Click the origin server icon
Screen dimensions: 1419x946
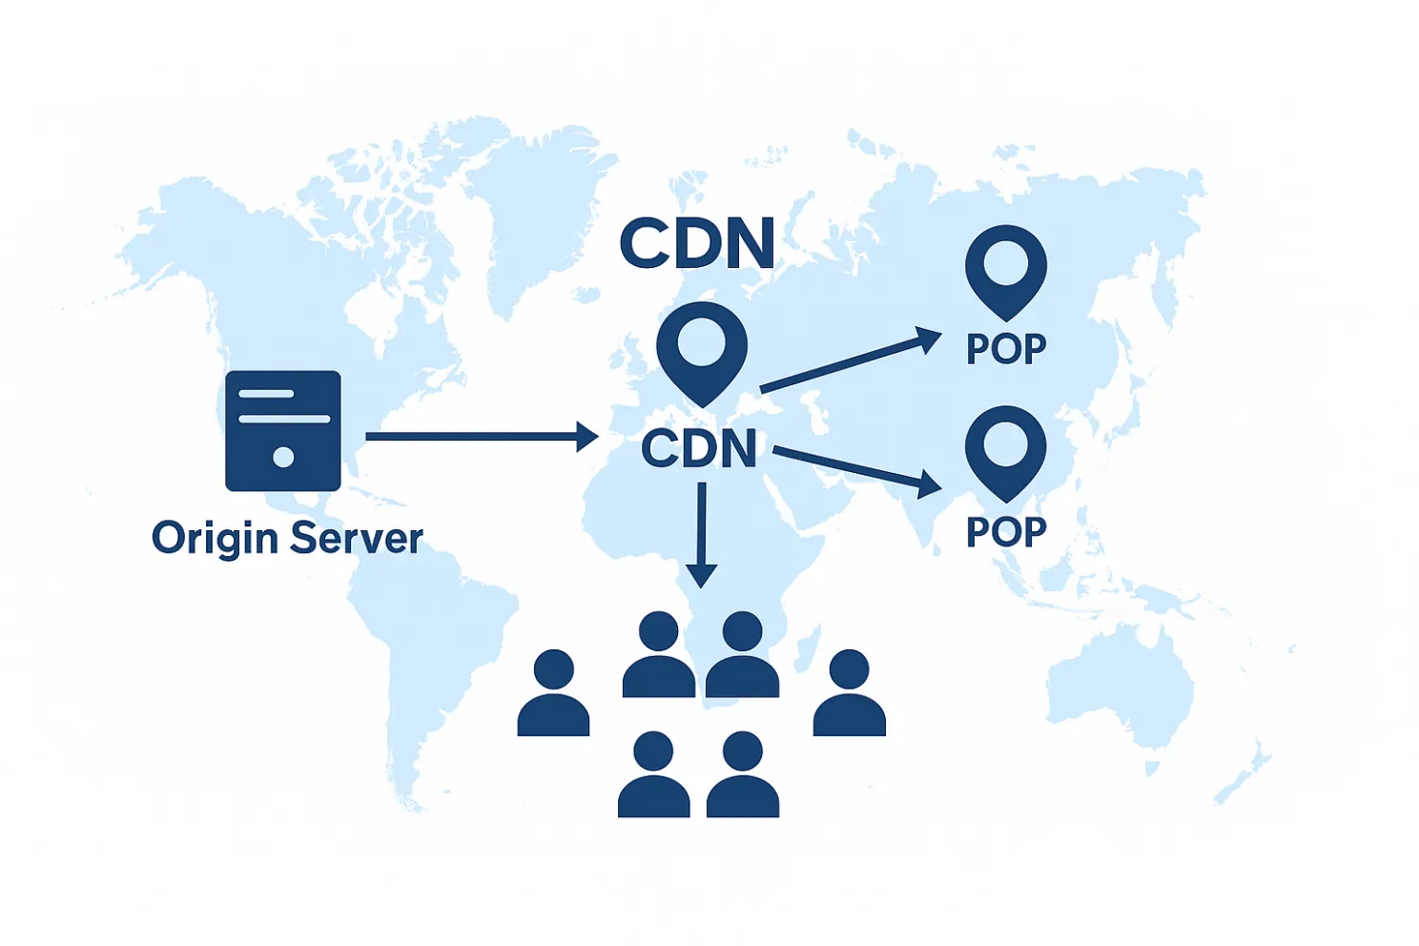click(283, 430)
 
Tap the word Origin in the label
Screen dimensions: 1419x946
click(216, 539)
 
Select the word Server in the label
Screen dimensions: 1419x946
click(357, 538)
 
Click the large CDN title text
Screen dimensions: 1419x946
click(697, 243)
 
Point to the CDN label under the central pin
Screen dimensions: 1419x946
click(699, 448)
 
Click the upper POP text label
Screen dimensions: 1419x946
click(1006, 348)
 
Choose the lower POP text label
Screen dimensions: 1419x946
click(1006, 532)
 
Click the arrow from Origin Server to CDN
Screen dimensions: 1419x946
click(483, 437)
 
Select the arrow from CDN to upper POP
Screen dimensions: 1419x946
click(851, 360)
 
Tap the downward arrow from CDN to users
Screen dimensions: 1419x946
click(701, 535)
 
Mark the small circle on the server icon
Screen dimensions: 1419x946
click(283, 457)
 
